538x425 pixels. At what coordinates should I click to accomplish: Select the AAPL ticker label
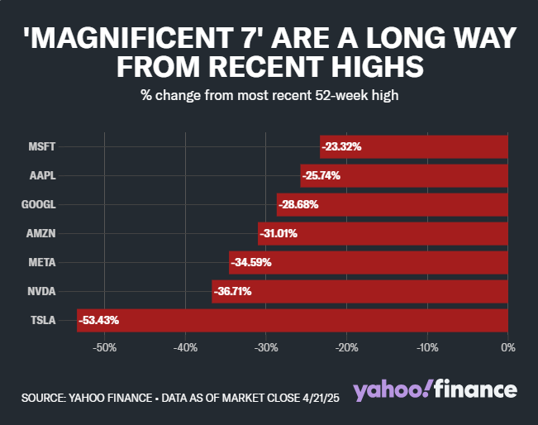43,175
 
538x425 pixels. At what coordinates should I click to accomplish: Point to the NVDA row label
42,291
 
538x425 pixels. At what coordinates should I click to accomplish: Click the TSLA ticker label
43,320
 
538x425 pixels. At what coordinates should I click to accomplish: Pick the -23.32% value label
341,146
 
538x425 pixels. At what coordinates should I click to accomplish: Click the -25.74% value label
321,175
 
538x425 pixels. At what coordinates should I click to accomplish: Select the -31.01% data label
279,233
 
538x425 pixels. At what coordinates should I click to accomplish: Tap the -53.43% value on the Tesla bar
99,320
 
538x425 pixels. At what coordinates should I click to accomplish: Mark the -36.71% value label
232,291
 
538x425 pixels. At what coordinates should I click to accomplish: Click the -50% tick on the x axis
105,347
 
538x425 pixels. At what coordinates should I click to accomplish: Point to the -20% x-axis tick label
347,347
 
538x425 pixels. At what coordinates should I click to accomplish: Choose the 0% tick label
508,347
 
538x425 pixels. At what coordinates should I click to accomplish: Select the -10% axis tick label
427,347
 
